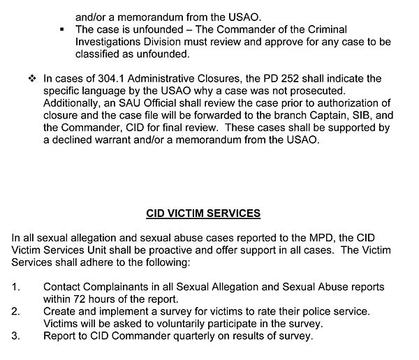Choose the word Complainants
tap(115, 287)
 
